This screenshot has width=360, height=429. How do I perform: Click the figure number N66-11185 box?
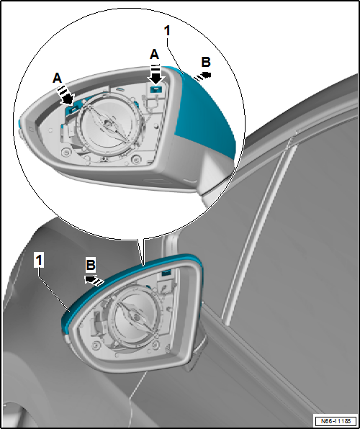point(336,420)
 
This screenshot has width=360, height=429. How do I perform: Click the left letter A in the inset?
point(57,78)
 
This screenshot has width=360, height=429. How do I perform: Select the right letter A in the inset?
point(154,55)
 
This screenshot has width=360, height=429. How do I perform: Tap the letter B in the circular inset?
point(206,63)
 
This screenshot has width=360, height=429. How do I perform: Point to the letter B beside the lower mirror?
point(91,265)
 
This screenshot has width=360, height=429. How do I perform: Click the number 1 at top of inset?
point(167,31)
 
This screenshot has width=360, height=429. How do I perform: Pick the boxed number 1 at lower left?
point(40,260)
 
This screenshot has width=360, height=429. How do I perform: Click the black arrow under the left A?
point(66,96)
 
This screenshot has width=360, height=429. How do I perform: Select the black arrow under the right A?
point(156,74)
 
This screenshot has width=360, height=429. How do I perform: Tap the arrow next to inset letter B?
point(203,76)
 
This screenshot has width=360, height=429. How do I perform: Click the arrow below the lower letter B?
point(94,280)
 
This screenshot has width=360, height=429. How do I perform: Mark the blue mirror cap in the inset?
point(204,112)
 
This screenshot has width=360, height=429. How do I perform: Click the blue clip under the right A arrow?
point(156,89)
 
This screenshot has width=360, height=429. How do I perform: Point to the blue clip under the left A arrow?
point(71,109)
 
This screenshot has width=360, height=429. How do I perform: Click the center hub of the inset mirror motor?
point(108,125)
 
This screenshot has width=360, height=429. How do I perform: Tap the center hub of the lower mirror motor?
point(136,317)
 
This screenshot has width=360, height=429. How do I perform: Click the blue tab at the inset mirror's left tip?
point(19,125)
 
